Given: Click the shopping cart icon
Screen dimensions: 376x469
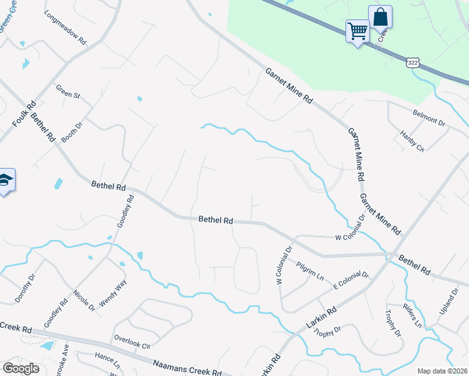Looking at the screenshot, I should tap(357, 30).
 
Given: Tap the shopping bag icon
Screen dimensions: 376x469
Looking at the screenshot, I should tap(380, 17).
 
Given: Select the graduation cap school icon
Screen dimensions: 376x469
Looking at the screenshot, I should tap(6, 180).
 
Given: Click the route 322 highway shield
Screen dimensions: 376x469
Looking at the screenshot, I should tap(412, 63).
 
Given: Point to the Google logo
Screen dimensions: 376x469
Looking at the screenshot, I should tap(21, 368).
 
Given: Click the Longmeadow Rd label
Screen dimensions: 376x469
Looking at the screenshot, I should tap(65, 28).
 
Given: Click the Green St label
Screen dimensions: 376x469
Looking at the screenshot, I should tap(68, 91).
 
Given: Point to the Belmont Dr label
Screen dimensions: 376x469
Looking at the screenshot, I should tap(428, 118).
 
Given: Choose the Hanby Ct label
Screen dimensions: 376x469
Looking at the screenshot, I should tap(413, 141).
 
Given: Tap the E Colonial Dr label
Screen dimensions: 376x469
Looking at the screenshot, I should tap(351, 279).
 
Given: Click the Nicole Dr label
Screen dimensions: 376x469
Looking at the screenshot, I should tap(83, 301).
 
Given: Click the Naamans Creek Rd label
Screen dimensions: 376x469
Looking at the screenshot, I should tap(187, 367).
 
